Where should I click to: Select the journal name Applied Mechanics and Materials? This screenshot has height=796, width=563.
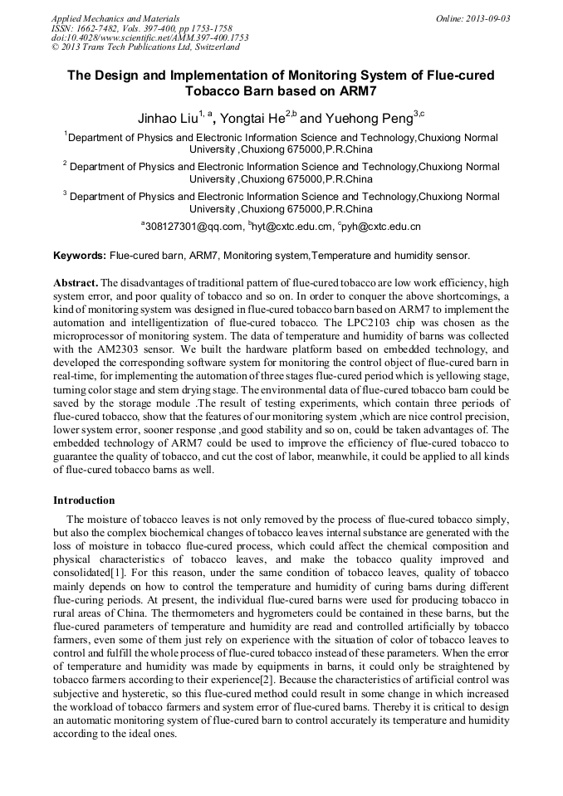pyautogui.click(x=115, y=18)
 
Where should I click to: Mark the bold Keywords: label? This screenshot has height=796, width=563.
pyautogui.click(x=80, y=256)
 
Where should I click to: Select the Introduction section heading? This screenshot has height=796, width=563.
pyautogui.click(x=84, y=501)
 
